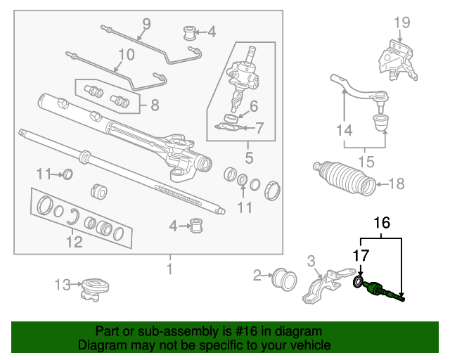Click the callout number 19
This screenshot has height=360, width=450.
401,22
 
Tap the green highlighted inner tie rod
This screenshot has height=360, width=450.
384,291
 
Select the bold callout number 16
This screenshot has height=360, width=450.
382,223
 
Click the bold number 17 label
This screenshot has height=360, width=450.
361,255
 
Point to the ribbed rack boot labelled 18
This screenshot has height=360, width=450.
345,179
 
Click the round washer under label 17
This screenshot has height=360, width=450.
358,282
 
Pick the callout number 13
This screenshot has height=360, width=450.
63,285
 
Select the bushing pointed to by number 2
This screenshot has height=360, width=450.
284,280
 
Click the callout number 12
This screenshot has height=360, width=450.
75,242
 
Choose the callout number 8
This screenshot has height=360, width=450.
155,105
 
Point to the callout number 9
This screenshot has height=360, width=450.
147,24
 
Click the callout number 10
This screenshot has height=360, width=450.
127,54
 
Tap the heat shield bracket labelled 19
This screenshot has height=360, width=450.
397,61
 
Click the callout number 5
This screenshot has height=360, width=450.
249,157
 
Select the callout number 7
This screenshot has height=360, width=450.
259,128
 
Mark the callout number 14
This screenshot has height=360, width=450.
345,130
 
